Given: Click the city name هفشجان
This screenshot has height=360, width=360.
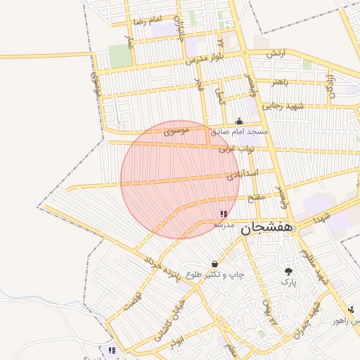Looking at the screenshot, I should pyautogui.click(x=267, y=229).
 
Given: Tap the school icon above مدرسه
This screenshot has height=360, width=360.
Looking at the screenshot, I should pyautogui.click(x=224, y=214).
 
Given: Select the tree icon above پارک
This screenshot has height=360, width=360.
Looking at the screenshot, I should pyautogui.click(x=289, y=271).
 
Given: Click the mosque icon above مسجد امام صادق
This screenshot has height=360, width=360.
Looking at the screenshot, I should pyautogui.click(x=239, y=121).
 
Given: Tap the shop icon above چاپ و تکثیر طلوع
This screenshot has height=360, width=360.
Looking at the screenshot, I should pyautogui.click(x=214, y=264).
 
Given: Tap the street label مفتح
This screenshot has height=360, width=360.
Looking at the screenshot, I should pyautogui.click(x=256, y=197).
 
